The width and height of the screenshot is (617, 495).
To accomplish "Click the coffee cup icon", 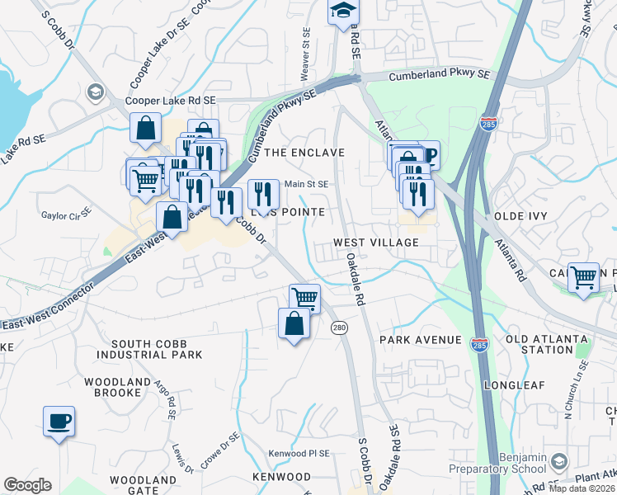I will point(59,422).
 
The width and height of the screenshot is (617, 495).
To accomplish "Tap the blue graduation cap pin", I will point(341,12).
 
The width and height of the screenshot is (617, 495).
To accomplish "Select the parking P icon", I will point(427,155).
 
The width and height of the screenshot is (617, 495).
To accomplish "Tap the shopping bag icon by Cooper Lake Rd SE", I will point(144,129).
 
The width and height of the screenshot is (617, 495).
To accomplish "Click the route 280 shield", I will point(339,328).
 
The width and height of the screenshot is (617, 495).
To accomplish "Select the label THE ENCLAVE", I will point(303,153).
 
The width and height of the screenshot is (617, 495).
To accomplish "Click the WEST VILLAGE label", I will point(376,243).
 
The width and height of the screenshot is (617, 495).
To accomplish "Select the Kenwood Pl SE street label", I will point(299,454).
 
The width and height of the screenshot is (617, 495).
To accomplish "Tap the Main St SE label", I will point(307,184).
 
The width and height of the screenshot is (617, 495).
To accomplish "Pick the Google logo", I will point(27,485).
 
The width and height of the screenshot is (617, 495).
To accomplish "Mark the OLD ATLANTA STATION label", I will point(547,344).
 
